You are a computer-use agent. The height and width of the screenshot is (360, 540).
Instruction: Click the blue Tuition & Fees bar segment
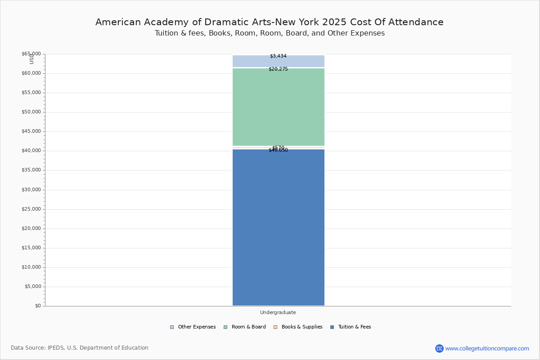[x=278, y=227]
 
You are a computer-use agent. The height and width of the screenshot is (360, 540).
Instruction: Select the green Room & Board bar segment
[x=278, y=107]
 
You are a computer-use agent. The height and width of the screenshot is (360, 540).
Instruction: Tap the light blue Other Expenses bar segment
[x=278, y=62]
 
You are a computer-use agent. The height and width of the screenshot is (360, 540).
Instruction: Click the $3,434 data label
[x=278, y=56]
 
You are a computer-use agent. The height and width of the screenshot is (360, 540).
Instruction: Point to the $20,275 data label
[x=278, y=69]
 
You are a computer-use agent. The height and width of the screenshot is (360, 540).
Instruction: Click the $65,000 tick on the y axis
[x=31, y=54]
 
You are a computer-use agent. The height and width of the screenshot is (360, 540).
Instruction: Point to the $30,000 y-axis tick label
[x=31, y=190]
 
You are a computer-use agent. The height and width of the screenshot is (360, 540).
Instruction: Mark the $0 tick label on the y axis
[x=38, y=306]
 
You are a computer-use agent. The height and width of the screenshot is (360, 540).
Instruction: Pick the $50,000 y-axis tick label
[x=31, y=112]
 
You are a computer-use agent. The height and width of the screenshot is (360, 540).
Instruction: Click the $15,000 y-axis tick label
[x=31, y=248]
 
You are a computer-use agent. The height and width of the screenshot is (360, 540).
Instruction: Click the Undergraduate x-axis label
[x=278, y=312]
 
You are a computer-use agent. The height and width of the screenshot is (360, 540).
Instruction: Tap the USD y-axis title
[x=31, y=59]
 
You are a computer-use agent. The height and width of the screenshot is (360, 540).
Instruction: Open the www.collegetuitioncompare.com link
[x=487, y=348]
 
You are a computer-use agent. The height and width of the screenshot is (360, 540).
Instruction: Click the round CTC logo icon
[x=439, y=348]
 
